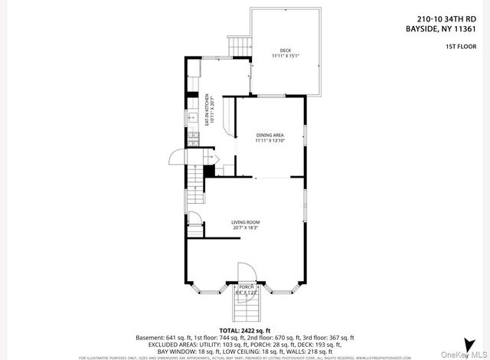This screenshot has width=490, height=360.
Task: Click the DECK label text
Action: coord(286,51)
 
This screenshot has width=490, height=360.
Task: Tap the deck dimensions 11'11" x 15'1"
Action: coord(286,56)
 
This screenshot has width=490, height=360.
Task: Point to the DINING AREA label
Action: coord(269,135)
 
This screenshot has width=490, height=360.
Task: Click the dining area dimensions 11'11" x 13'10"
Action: coord(269,141)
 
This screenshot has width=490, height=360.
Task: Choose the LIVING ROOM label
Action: coord(245,222)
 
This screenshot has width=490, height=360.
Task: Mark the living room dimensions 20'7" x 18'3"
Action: coord(245,227)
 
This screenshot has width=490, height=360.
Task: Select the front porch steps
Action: coord(245,309)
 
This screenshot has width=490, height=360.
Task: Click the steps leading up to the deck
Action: coord(240,47)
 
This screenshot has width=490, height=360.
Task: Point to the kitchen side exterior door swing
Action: coord(177,158)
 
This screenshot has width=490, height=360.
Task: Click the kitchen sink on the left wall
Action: coord(192,118)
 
